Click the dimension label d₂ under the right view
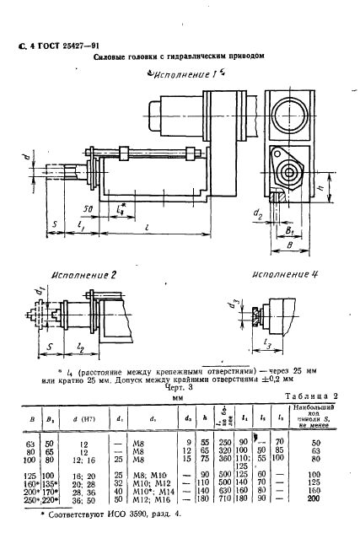click(x=257, y=214)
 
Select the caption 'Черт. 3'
click(x=180, y=388)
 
